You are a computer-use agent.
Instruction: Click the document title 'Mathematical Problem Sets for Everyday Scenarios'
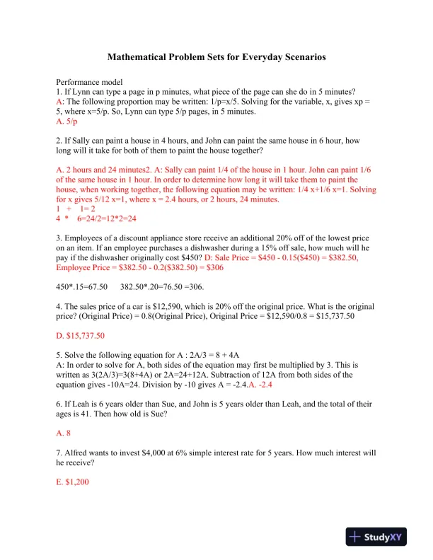[216, 57]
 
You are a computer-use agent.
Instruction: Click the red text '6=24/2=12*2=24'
[110, 220]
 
